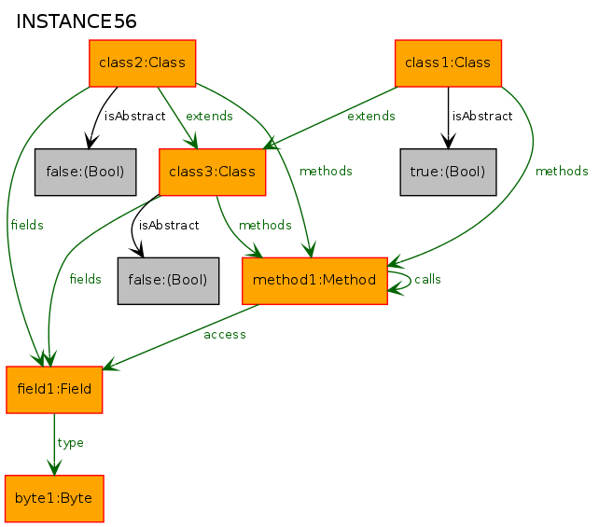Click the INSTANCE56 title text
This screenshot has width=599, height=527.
(76, 21)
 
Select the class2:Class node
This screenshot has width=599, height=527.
(143, 63)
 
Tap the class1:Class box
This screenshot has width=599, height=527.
(448, 63)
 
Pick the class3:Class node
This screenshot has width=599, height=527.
(212, 173)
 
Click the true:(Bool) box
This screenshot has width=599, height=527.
(448, 173)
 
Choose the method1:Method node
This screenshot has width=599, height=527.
(314, 281)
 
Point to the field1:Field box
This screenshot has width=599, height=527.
(54, 390)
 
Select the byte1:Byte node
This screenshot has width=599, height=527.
(54, 499)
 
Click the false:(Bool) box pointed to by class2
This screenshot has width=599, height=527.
(85, 173)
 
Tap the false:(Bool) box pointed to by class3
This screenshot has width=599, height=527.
(168, 281)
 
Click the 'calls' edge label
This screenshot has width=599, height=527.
(427, 280)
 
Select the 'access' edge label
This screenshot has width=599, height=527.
(225, 335)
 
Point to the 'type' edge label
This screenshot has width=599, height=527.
(70, 443)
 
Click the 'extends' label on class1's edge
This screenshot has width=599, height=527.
(371, 116)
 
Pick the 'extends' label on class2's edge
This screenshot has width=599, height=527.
(209, 116)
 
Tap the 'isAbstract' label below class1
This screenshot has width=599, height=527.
(482, 116)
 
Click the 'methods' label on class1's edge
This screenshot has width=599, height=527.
(562, 171)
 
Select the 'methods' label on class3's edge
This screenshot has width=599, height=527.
(265, 226)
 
